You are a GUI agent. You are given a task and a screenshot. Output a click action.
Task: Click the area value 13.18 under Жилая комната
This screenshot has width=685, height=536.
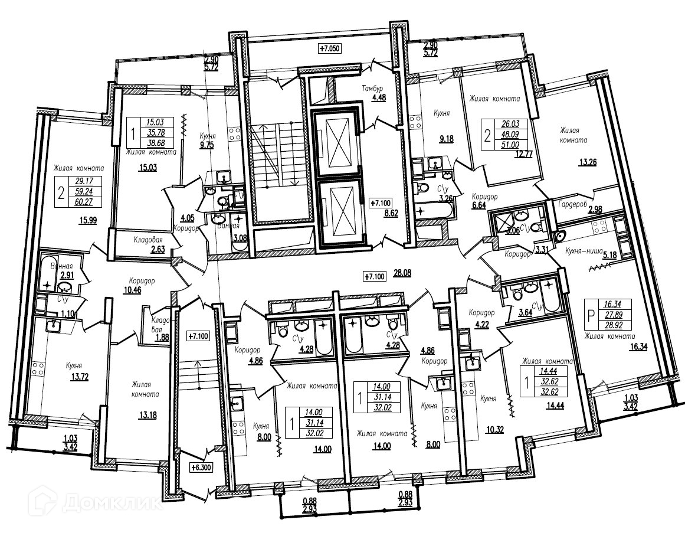tap(148, 415)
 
